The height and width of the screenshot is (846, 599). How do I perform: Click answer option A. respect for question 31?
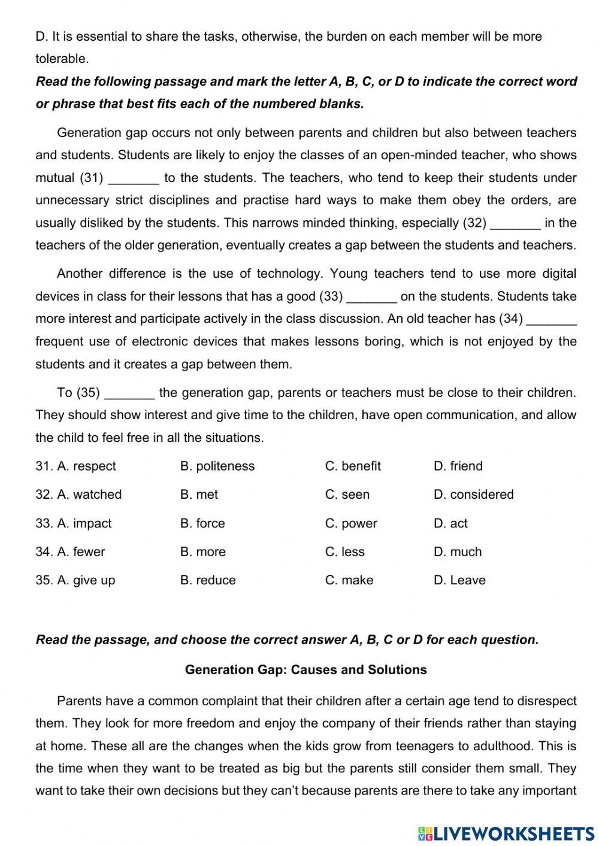(x=86, y=466)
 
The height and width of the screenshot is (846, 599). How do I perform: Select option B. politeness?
(x=217, y=466)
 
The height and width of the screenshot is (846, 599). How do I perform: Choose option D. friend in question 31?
(x=458, y=466)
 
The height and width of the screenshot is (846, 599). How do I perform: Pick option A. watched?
(x=89, y=495)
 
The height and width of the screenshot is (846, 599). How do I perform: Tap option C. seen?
(x=347, y=495)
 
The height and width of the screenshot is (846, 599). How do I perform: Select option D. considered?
(x=473, y=495)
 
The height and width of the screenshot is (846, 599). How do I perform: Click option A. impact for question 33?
(x=84, y=523)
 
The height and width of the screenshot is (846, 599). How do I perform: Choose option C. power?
(x=351, y=523)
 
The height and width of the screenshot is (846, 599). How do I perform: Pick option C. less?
(x=344, y=551)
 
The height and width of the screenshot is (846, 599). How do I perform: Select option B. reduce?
(x=208, y=580)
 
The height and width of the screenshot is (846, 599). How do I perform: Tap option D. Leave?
(x=459, y=580)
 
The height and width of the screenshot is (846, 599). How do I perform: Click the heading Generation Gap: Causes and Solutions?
(x=305, y=669)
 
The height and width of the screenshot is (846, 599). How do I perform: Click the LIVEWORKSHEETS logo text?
(x=513, y=833)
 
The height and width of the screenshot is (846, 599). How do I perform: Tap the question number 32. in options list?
(x=44, y=495)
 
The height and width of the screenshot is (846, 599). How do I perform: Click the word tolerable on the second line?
(x=62, y=59)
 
